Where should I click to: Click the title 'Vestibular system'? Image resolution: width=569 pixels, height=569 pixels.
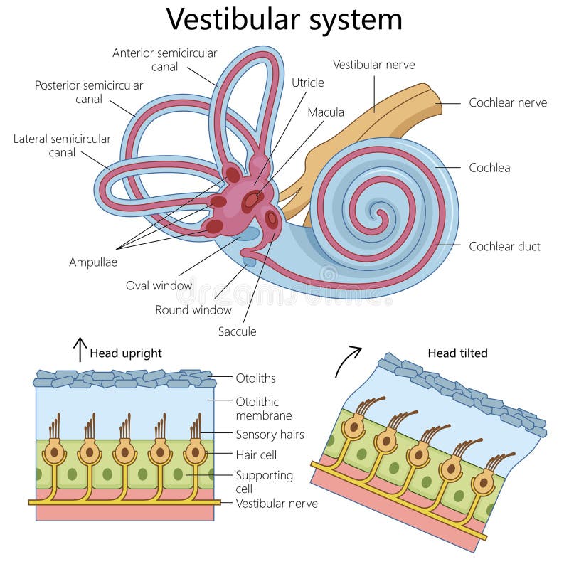pyautogui.click(x=284, y=19)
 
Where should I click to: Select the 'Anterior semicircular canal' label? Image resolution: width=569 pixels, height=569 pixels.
pyautogui.click(x=164, y=60)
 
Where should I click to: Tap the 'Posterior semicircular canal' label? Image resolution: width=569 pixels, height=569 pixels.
pyautogui.click(x=89, y=92)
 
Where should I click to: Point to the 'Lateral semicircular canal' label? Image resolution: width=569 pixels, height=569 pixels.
pyautogui.click(x=62, y=145)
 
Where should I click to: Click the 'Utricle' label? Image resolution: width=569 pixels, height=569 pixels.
pyautogui.click(x=307, y=83)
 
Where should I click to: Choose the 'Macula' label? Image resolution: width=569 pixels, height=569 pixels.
pyautogui.click(x=326, y=112)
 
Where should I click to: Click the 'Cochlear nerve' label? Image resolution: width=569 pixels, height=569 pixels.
pyautogui.click(x=507, y=102)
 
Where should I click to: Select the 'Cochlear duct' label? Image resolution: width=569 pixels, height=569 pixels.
pyautogui.click(x=504, y=246)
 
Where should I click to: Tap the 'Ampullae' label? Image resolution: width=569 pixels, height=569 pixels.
pyautogui.click(x=93, y=262)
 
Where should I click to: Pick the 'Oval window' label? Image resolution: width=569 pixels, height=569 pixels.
pyautogui.click(x=159, y=286)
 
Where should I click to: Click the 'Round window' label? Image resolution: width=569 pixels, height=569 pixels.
pyautogui.click(x=193, y=309)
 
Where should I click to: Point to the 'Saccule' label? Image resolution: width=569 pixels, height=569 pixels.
pyautogui.click(x=237, y=331)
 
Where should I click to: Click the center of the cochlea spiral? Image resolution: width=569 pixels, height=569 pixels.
pyautogui.click(x=380, y=211)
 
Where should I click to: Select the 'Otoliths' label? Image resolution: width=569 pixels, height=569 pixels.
pyautogui.click(x=255, y=378)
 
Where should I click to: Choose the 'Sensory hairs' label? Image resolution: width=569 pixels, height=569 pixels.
pyautogui.click(x=270, y=434)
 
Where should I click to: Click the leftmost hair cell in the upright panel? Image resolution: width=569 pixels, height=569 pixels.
pyautogui.click(x=54, y=452)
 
